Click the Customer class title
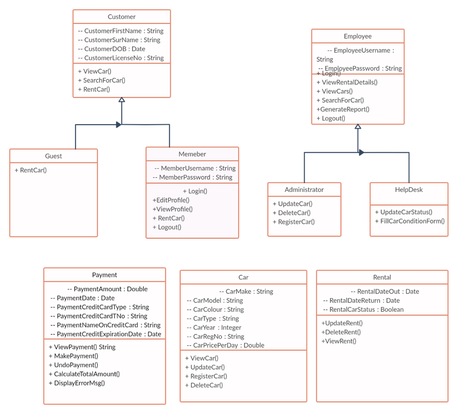[121, 17]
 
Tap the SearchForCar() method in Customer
[101, 80]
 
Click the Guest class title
[54, 156]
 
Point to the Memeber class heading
[192, 154]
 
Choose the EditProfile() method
[171, 200]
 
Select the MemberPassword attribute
[192, 177]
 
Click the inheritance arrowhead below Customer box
[122, 100]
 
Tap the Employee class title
[358, 36]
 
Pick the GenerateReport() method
[343, 109]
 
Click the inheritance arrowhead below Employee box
[358, 127]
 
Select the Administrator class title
[304, 189]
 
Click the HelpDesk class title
[409, 189]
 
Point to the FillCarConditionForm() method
[410, 221]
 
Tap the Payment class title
[104, 275]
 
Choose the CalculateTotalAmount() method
[84, 374]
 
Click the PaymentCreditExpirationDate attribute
[106, 334]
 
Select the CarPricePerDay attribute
[226, 345]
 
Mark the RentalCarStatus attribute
[363, 309]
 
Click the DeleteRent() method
[341, 332]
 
